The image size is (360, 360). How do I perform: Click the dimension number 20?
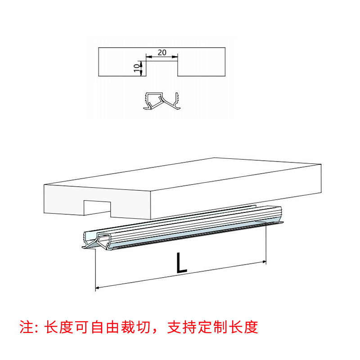tap(162, 53)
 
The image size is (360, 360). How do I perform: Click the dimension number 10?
tap(136, 68)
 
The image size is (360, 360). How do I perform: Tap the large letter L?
tap(181, 263)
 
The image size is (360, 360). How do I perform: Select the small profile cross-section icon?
tap(162, 102)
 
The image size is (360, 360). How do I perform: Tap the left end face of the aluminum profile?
tap(96, 240)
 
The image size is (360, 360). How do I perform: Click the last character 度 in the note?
tap(252, 327)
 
